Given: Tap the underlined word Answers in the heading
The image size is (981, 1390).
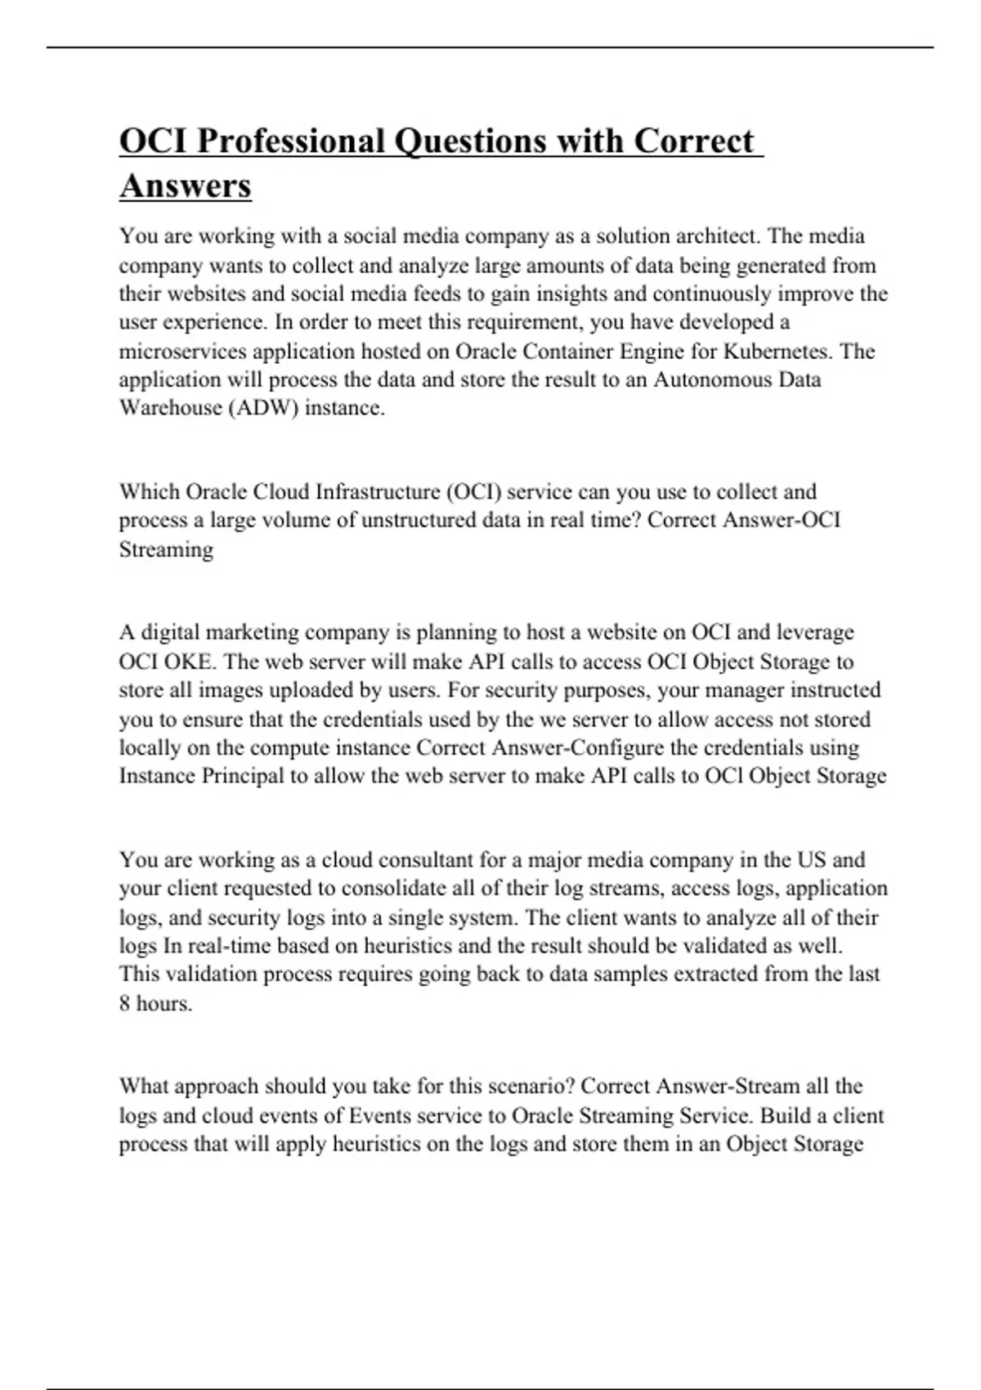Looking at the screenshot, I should [186, 186].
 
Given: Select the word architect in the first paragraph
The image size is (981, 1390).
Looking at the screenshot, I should [716, 236].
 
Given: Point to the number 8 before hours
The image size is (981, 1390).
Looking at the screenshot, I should [125, 1004].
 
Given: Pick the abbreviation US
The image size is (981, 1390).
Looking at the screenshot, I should [809, 860].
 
